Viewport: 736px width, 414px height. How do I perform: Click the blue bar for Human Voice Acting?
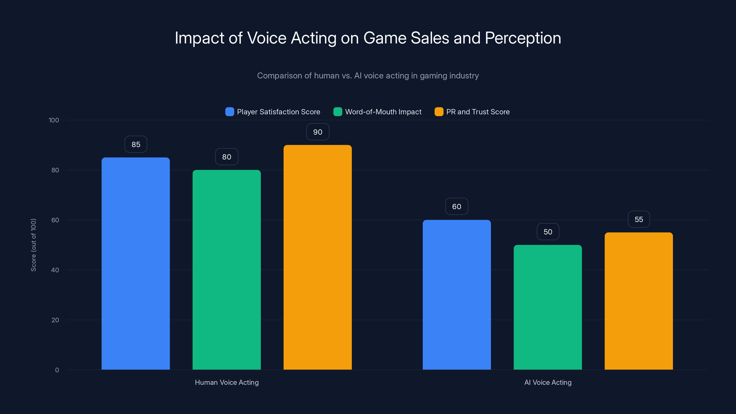[x=136, y=263]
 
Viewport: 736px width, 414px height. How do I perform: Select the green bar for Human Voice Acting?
[x=227, y=270]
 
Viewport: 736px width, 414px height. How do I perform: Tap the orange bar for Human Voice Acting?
[x=317, y=257]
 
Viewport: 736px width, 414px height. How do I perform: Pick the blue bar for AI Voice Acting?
[x=457, y=295]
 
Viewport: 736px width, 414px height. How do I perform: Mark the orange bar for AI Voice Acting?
[x=638, y=301]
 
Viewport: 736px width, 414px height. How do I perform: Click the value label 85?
[x=136, y=144]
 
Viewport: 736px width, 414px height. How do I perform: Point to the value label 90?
[x=318, y=132]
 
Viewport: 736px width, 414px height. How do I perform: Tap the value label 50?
[x=548, y=232]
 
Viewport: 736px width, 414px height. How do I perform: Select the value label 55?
[x=638, y=219]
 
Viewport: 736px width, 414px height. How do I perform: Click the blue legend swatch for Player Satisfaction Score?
[x=230, y=112]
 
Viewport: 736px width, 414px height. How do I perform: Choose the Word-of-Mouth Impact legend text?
[x=383, y=112]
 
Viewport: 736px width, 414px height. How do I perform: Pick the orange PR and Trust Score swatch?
[x=439, y=112]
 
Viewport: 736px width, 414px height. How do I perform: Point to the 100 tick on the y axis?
[x=54, y=120]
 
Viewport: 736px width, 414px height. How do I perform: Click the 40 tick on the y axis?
[x=55, y=270]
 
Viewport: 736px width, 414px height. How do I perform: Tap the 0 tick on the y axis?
[x=57, y=370]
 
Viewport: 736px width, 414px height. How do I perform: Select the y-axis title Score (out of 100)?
[x=33, y=245]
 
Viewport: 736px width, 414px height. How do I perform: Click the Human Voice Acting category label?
[x=227, y=382]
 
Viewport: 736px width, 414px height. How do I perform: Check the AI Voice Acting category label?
[x=548, y=382]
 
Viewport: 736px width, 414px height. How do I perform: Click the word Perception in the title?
[x=523, y=38]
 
